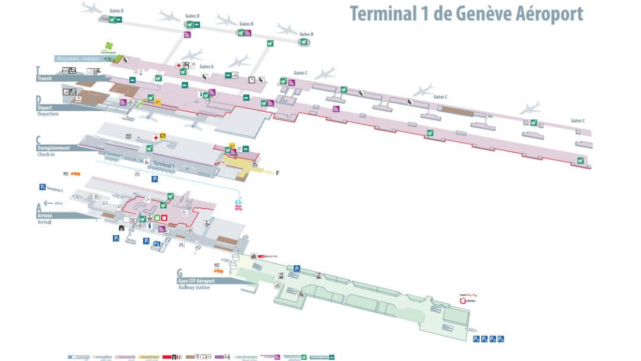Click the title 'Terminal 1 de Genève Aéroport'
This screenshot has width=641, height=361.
(466, 14)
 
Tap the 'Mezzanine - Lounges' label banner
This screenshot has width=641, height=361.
(80, 58)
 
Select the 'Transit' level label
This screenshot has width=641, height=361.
(45, 78)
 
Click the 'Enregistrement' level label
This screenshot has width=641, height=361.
(53, 147)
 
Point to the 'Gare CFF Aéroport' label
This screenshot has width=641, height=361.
(196, 280)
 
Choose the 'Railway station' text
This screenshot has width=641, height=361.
(195, 287)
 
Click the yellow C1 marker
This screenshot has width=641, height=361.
(163, 136)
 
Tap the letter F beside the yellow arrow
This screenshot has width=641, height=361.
(277, 173)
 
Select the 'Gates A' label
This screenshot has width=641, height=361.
(207, 66)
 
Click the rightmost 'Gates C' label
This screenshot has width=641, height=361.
(577, 121)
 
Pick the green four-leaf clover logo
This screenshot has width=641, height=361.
(109, 46)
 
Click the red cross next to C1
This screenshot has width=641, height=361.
(156, 137)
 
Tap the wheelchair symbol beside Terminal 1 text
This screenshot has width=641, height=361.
(145, 161)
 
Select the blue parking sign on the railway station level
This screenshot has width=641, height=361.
(297, 268)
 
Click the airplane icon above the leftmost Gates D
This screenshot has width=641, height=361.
(91, 7)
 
